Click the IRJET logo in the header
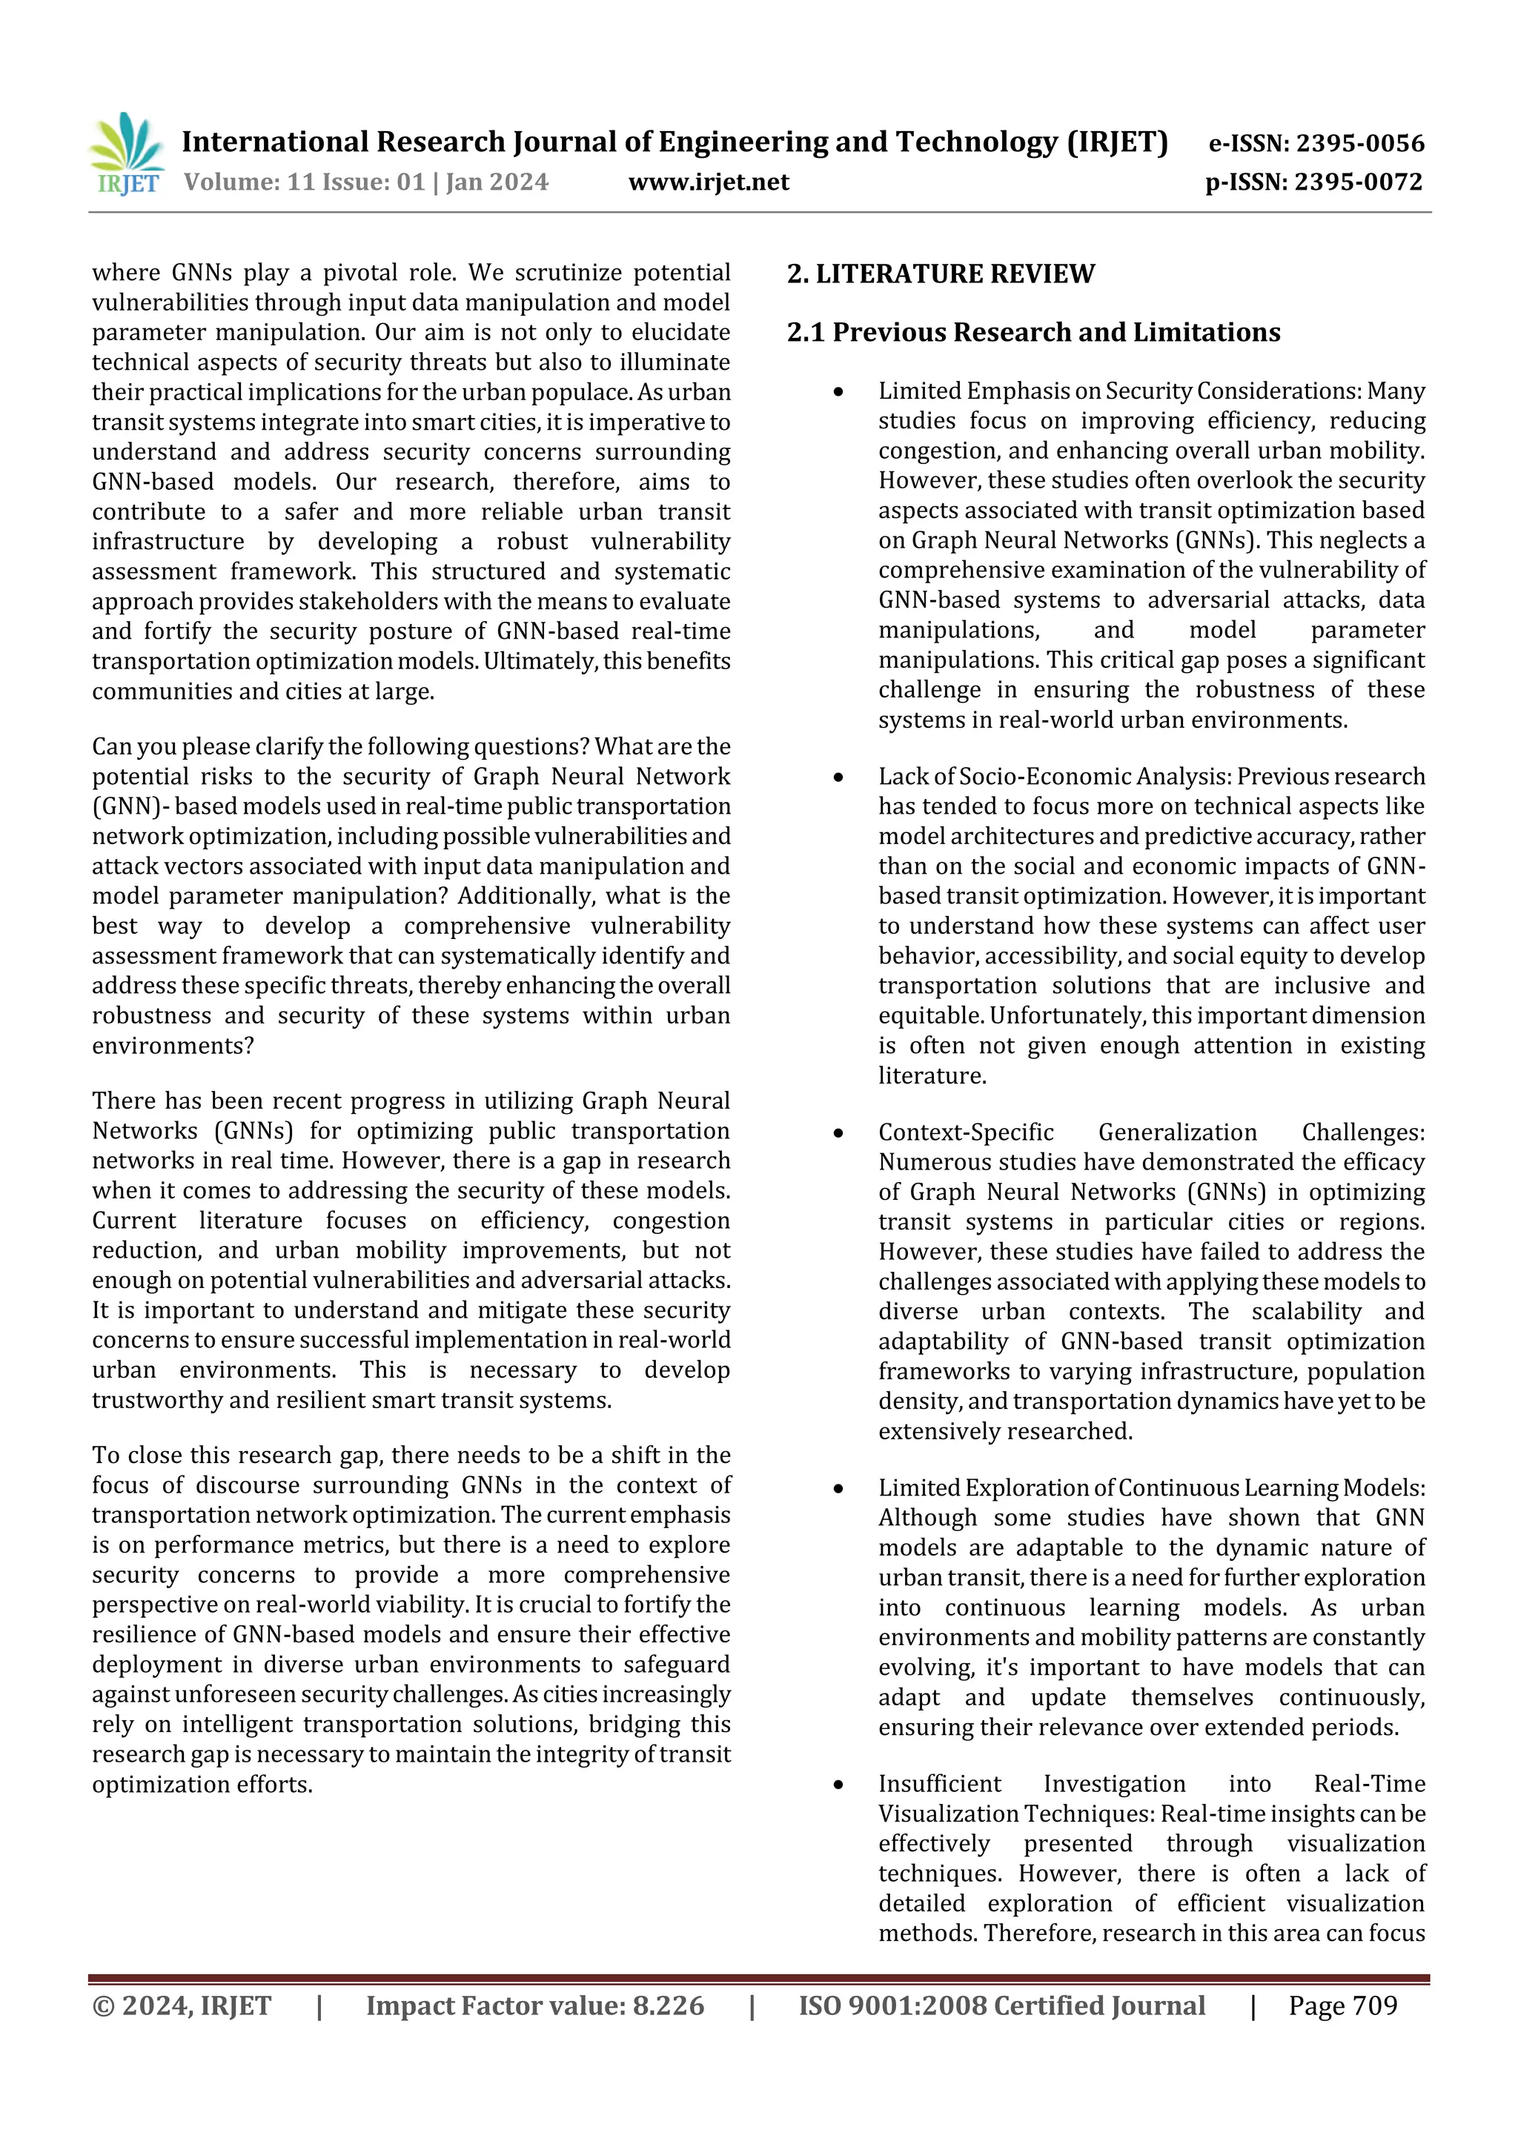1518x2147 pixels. pos(127,154)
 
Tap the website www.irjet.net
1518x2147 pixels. pos(708,182)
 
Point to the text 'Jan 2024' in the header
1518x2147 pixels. pos(497,182)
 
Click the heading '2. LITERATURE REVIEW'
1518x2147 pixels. pos(940,274)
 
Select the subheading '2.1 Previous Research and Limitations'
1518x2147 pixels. pos(1033,332)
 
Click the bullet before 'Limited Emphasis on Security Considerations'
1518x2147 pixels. pos(838,392)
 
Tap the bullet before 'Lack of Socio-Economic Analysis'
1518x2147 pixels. pos(838,777)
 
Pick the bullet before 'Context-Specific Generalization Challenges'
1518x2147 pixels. pos(838,1133)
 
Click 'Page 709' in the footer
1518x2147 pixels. pos(1342,2005)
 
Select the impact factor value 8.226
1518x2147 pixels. pos(668,2005)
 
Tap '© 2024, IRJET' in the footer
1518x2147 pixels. pos(182,2005)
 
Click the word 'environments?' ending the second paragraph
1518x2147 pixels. pos(172,1046)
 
